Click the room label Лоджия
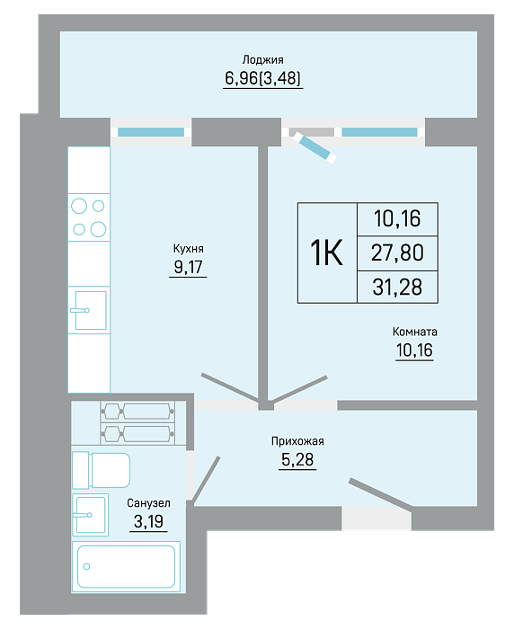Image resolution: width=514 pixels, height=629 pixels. pos(262,60)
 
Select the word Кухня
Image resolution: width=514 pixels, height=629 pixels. pos(188,249)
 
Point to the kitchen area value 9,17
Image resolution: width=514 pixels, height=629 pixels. pos(188,267)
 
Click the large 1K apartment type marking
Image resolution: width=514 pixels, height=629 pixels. pos(326,252)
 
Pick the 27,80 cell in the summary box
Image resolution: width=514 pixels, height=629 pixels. pos(397,253)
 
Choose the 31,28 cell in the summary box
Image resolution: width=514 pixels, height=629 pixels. pos(397,288)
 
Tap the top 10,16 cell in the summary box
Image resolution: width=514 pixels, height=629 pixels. pos(397,218)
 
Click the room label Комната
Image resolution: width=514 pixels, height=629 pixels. pos(414,332)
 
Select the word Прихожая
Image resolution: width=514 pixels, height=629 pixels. pos(297,441)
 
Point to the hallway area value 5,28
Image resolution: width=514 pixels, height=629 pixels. pos(297,459)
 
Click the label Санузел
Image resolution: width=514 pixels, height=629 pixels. pos(148,503)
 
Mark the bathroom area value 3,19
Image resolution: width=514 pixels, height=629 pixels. pos(148,521)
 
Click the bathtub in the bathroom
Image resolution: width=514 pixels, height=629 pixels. pos(126,567)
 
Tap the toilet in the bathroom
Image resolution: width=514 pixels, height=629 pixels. pos(102,470)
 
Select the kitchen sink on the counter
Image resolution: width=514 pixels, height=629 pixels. pos(89,310)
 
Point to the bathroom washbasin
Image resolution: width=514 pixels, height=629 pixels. pos(90,515)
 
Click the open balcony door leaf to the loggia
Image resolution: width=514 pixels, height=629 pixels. pos(315,147)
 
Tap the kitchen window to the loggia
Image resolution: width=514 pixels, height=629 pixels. pos(151,132)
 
